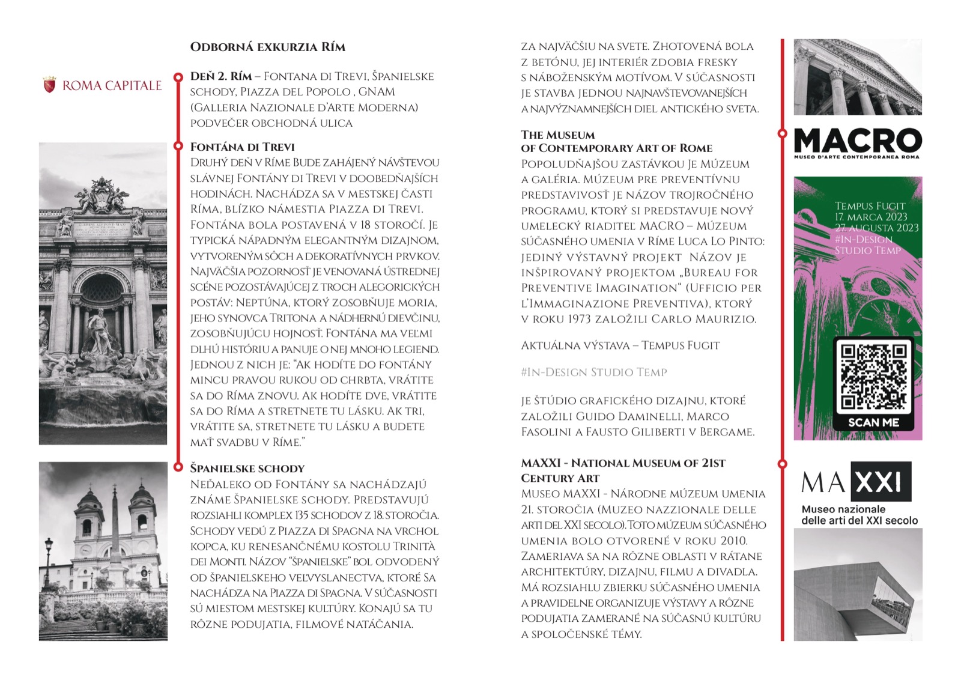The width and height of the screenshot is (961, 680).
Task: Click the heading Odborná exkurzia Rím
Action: click(267, 47)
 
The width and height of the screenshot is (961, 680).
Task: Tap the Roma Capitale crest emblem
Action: click(49, 85)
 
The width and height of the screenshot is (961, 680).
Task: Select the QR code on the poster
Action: click(873, 377)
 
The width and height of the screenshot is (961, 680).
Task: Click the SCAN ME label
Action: click(873, 422)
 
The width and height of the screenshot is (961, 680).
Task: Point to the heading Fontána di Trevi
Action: click(242, 147)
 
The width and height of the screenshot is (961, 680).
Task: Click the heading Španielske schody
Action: click(247, 469)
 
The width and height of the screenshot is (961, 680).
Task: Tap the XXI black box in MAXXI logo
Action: click(882, 482)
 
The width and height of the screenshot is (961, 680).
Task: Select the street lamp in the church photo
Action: click(48, 559)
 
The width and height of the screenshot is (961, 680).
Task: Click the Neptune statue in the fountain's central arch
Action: click(100, 327)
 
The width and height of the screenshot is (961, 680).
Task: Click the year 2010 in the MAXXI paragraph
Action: click(733, 541)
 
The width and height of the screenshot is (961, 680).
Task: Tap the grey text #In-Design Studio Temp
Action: click(594, 372)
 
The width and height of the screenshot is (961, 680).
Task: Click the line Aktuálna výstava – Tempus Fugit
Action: click(620, 345)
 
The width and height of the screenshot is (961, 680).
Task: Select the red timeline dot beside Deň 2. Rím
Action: click(178, 77)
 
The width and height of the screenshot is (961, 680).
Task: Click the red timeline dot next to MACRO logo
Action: click(782, 133)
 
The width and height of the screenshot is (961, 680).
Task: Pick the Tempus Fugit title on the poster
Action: click(869, 206)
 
